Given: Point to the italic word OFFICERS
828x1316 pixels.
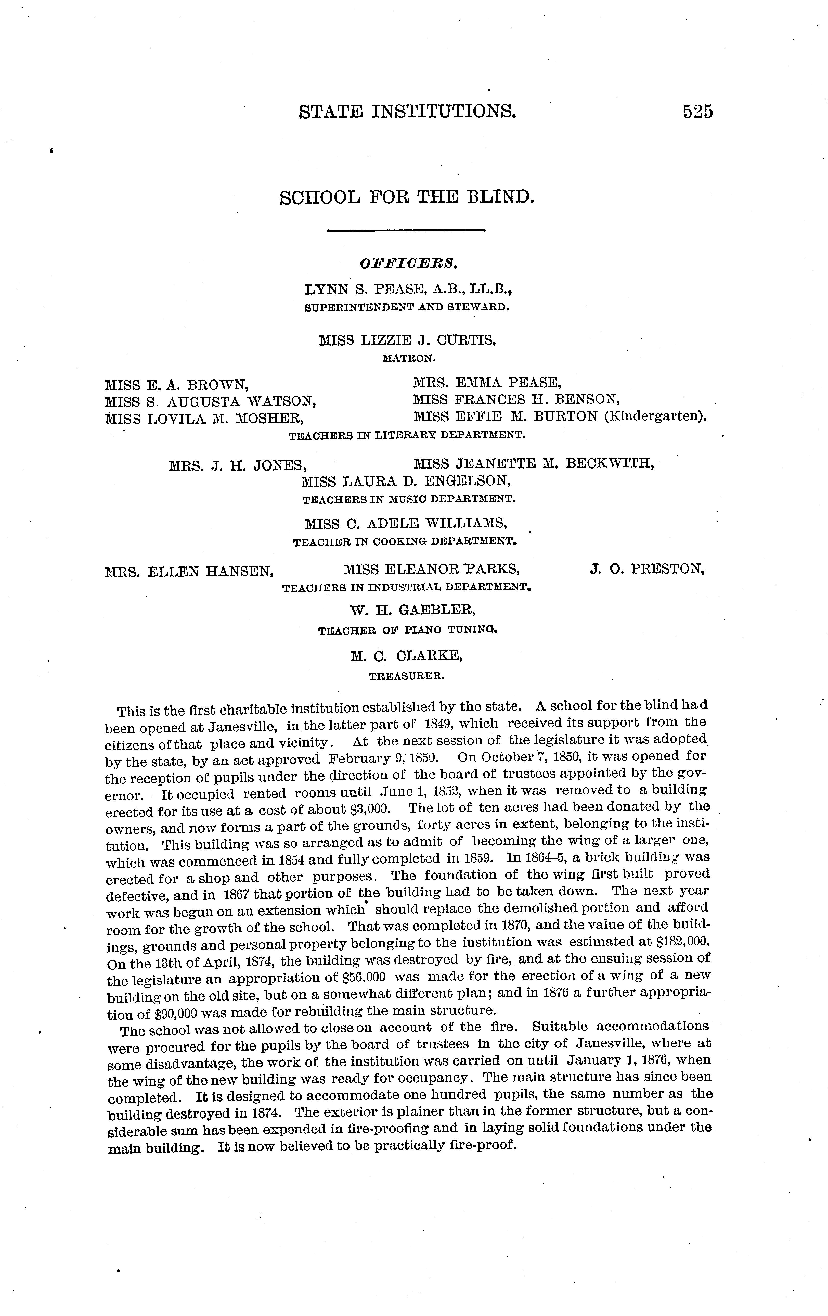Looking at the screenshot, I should click(407, 263).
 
